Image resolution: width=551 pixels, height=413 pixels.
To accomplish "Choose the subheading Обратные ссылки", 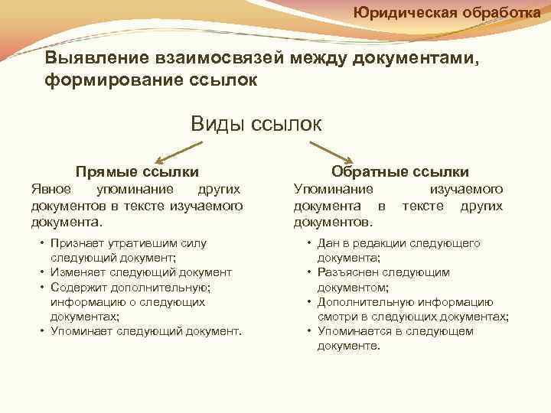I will (x=400, y=172).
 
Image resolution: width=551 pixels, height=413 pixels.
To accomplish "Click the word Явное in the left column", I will (x=51, y=189).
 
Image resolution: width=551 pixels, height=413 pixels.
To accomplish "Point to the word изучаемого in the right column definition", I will (x=466, y=189).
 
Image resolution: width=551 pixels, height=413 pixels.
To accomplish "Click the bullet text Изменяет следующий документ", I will (x=141, y=272).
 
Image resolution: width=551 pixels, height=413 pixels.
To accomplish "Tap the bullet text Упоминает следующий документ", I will (x=146, y=331).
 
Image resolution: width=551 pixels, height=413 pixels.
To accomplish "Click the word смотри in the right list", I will (x=336, y=317).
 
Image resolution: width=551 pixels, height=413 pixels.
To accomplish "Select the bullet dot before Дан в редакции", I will (x=308, y=243).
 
